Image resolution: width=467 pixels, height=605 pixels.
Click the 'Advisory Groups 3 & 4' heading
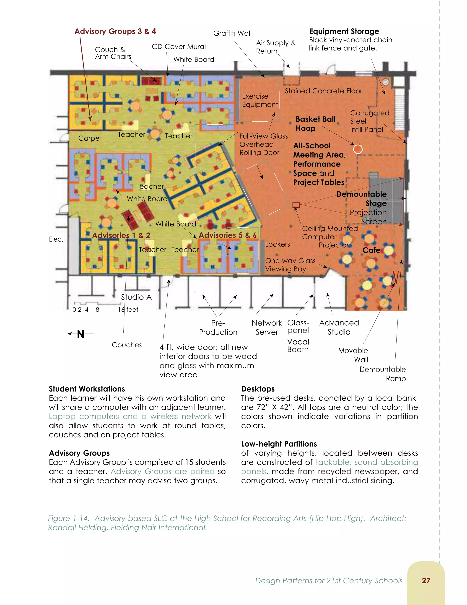pos(115,31)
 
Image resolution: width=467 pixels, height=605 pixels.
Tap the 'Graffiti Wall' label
pos(232,34)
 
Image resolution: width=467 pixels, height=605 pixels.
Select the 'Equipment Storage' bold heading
pos(344,31)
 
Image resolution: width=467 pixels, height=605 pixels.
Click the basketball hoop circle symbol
pos(358,149)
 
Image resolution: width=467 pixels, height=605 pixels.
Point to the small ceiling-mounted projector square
pos(296,205)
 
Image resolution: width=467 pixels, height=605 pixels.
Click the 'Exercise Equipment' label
pos(259,100)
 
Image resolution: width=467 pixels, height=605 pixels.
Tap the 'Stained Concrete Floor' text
pos(323,91)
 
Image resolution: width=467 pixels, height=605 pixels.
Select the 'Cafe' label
pos(371,250)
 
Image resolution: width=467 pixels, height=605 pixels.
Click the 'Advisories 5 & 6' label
pos(227,235)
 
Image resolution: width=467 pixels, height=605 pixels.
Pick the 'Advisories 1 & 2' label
pos(121,235)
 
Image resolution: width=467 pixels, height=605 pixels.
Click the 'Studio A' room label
pos(136,297)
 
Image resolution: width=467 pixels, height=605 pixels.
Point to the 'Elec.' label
pos(56,239)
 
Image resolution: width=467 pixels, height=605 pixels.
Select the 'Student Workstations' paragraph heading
pos(87,389)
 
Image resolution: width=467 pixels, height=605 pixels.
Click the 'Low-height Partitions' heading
pos(279,444)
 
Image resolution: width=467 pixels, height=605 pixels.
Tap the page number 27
pos(426,580)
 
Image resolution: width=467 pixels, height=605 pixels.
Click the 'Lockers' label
pos(277,244)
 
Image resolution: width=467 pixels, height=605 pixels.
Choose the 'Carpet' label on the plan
pos(90,138)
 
